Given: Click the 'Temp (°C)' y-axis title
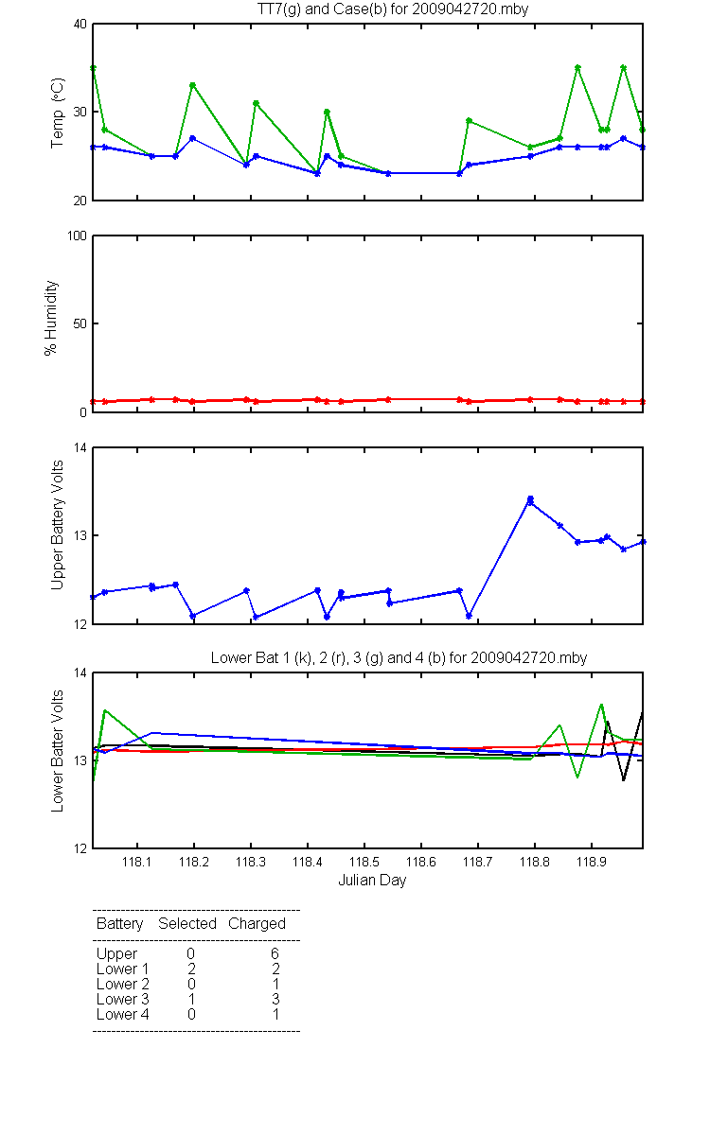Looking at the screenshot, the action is tap(58, 113).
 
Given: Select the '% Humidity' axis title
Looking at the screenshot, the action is tap(51, 318).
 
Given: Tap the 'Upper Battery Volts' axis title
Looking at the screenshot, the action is tap(58, 525).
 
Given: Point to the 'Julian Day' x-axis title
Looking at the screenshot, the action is tap(372, 881).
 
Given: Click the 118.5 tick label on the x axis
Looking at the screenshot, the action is tap(364, 862).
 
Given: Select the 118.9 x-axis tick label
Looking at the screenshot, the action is tap(592, 862).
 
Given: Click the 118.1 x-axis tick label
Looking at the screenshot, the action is tap(137, 862).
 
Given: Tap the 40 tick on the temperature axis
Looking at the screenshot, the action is tap(80, 25).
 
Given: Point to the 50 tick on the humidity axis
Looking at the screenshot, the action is tap(80, 323).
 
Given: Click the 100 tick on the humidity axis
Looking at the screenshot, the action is tap(77, 236).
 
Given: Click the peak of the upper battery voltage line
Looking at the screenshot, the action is tap(530, 499).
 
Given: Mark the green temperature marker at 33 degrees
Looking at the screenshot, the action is tap(193, 85).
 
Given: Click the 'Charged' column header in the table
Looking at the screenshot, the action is tap(257, 924).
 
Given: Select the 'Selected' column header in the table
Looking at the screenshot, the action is tap(187, 924).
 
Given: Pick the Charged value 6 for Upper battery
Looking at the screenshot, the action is tap(275, 953).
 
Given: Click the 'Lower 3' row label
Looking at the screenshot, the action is tap(123, 999).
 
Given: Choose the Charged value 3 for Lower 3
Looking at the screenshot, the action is tap(275, 999).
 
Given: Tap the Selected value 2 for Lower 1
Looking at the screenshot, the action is tap(191, 969).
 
